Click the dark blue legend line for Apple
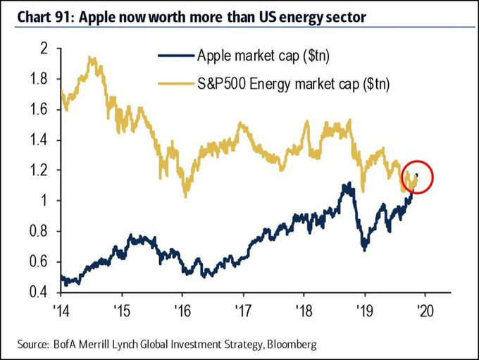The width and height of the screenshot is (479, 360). tap(172, 56)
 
